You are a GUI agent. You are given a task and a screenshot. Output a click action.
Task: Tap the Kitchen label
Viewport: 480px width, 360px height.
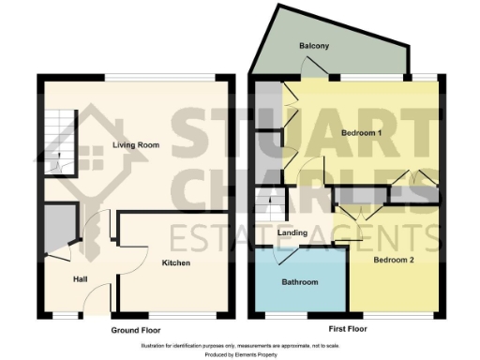pos(175,263)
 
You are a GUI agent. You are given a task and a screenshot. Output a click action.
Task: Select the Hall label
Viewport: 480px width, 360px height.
pos(82,278)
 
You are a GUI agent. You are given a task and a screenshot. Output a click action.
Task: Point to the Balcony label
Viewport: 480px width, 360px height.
pos(313,46)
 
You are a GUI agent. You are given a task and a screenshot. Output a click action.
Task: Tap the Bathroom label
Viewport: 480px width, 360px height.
pos(300,282)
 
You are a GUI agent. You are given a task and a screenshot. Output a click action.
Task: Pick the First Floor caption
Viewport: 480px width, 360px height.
pos(342,331)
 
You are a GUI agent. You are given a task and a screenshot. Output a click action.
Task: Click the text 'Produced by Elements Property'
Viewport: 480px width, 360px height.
pos(239,354)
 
